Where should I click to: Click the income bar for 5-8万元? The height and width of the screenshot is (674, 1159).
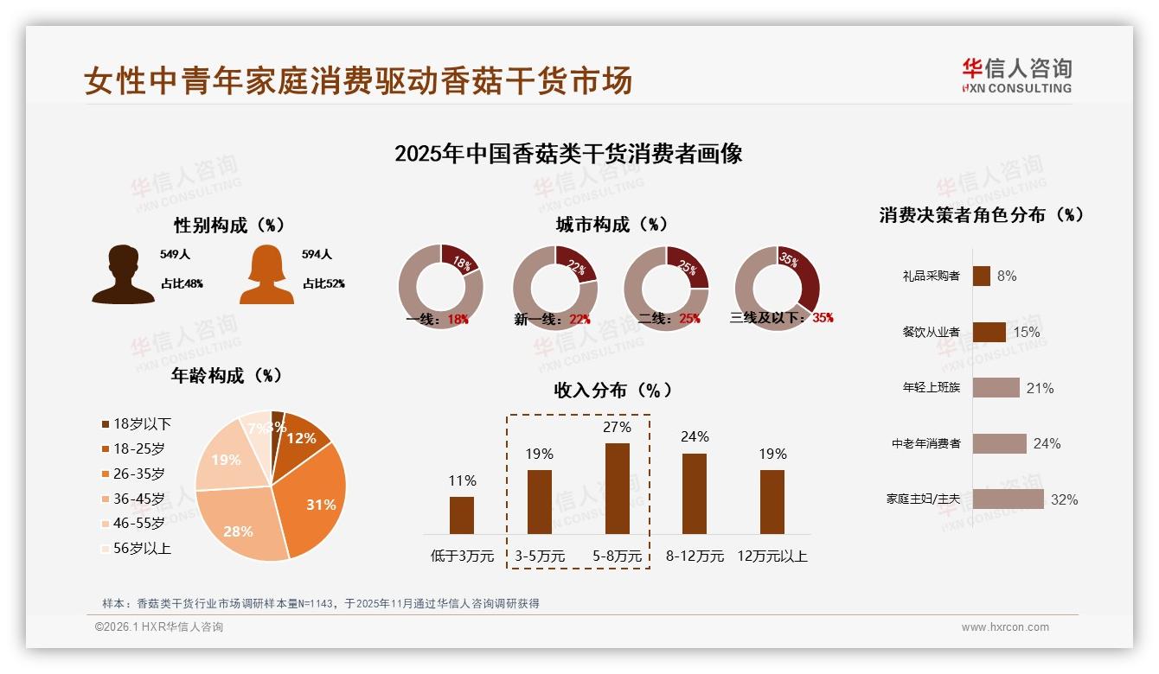(617, 488)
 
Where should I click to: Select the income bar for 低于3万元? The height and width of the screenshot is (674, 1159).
(462, 515)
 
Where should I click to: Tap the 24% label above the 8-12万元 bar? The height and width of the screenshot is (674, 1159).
(695, 436)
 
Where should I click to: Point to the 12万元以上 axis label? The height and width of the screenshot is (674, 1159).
(772, 556)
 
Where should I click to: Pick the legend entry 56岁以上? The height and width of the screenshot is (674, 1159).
(142, 548)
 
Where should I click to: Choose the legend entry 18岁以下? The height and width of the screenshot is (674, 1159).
(142, 423)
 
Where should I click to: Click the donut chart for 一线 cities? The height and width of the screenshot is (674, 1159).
(440, 287)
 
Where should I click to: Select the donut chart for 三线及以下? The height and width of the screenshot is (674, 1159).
(776, 287)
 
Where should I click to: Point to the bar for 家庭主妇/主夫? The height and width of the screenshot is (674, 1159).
(1008, 499)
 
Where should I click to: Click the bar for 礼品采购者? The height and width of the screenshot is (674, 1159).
(981, 276)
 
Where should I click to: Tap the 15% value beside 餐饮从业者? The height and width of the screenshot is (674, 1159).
(1026, 332)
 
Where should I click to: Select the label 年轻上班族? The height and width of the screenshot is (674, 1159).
(931, 388)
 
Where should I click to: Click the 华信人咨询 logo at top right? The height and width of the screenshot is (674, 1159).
(1016, 75)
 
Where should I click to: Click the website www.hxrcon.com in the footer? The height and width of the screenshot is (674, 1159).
(1004, 627)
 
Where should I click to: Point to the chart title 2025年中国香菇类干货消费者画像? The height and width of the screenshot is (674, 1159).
(568, 154)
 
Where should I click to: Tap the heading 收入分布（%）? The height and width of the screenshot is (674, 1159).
(612, 390)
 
